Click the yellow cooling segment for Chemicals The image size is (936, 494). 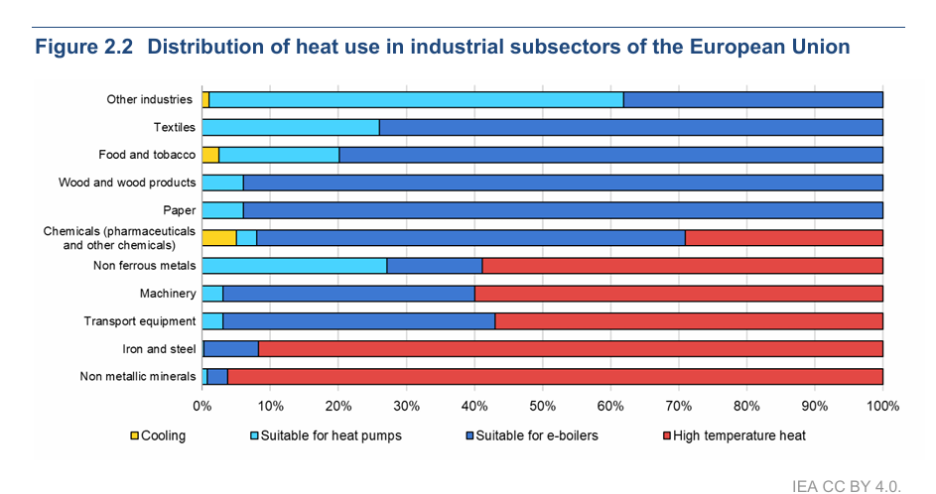coord(218,237)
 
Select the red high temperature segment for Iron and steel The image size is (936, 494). coord(571,348)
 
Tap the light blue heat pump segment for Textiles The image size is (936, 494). coord(290,127)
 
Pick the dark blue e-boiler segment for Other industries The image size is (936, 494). coord(752,99)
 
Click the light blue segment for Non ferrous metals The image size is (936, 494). coord(294,265)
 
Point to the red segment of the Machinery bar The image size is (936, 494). coord(679,293)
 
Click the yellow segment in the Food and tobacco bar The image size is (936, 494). coord(209,155)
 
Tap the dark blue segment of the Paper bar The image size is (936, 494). coord(563,209)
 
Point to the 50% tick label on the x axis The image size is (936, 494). coord(542,406)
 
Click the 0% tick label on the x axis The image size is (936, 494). coord(201,406)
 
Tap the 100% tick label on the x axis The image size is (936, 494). coord(882,406)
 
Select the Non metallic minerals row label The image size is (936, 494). coord(137,376)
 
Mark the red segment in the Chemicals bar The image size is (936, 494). coord(784,237)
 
